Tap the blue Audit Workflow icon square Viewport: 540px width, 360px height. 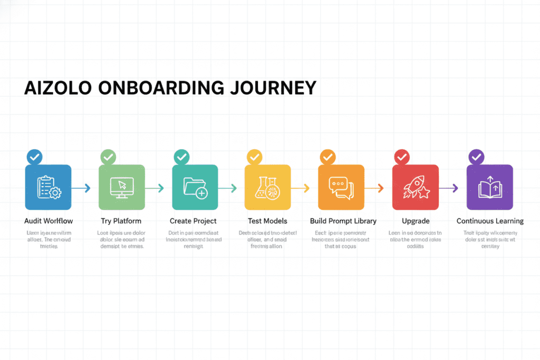coord(49,187)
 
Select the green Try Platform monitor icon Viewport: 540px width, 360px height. coord(122,187)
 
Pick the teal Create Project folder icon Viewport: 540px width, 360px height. coord(195,187)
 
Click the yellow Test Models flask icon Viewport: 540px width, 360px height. coord(268,187)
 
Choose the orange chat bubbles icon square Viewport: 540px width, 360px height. coord(341,187)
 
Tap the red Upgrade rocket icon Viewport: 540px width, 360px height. coord(415,187)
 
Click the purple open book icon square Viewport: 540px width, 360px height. coord(489,187)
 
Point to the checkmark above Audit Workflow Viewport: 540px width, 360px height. coord(34,157)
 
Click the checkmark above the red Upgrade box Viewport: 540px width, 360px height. coord(402,157)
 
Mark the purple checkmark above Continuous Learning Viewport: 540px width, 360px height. coord(476,157)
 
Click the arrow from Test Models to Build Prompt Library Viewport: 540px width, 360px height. coord(301,188)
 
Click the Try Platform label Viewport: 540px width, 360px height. coord(121,221)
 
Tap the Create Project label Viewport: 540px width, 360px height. coord(193,221)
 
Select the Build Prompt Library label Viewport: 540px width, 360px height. coord(344,221)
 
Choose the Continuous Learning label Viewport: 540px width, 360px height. coord(490,221)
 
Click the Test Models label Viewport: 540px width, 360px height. coord(267,221)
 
